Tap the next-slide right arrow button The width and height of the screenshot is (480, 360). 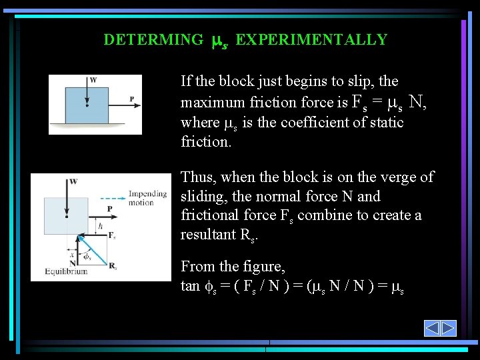pos(448,328)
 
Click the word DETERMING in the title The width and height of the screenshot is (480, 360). pos(153,40)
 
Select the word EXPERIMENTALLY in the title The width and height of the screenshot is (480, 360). pos(311,40)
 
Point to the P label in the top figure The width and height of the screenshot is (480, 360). pos(131,100)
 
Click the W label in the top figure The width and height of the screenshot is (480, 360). pos(93,80)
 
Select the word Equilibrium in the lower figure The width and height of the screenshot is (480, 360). pos(66,271)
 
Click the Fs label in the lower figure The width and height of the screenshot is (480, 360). pos(111,235)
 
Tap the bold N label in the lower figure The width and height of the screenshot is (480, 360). pos(72,263)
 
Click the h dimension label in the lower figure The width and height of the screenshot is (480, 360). pos(99,226)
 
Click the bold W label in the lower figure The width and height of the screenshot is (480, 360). pos(73,181)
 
